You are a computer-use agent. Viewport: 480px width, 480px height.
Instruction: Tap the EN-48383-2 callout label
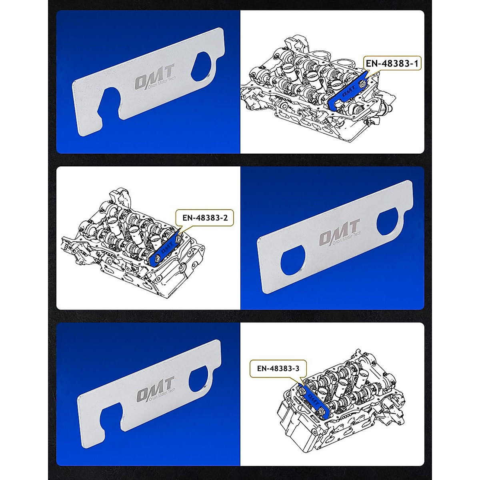[205, 218]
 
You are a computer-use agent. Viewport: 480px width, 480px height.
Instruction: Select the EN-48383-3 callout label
[278, 368]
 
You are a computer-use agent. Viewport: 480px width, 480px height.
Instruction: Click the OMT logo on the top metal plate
[154, 78]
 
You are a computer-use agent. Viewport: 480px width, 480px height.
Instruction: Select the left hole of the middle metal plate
[294, 262]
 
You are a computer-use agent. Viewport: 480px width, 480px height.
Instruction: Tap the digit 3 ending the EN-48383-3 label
[297, 368]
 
